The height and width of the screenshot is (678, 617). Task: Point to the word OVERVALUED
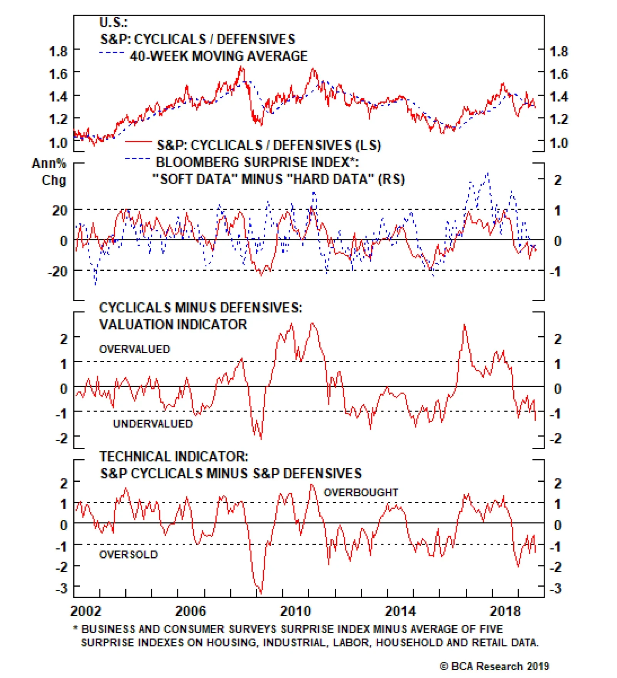pos(135,349)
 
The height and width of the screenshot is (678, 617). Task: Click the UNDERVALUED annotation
pos(153,424)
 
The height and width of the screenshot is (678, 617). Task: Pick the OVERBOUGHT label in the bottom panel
pos(361,492)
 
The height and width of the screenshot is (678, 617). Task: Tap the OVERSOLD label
pos(128,555)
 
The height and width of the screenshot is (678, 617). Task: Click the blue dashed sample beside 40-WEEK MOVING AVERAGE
pos(112,53)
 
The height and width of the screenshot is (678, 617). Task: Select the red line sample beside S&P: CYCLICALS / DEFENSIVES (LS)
pos(138,142)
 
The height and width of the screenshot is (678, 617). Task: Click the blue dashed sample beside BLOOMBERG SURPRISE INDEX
pos(138,159)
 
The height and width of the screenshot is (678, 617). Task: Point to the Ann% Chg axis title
pos(49,172)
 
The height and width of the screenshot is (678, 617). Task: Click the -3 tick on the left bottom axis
pos(61,589)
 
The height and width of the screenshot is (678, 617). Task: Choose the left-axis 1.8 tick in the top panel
pos(58,51)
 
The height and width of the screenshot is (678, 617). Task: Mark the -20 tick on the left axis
pos(57,272)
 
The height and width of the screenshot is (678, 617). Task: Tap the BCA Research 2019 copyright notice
pos(494,666)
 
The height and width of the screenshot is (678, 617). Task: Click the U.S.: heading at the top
pos(113,22)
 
